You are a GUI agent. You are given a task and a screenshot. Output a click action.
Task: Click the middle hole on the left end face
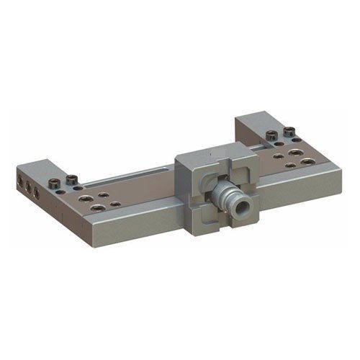click(x=27, y=184)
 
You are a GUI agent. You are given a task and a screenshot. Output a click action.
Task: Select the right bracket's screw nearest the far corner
click(x=289, y=131)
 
